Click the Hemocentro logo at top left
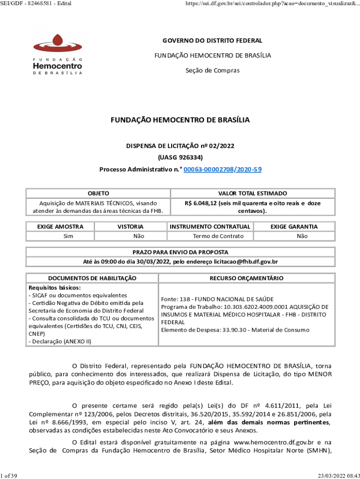[x=58, y=55]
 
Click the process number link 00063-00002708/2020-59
[x=223, y=169]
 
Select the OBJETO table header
[x=98, y=193]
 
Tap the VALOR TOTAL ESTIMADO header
[x=253, y=193]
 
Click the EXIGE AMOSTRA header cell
[x=60, y=226]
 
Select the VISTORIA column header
[x=130, y=226]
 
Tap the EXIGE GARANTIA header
[x=294, y=226]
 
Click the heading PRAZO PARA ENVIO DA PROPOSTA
[x=180, y=252]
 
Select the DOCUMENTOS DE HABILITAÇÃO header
[x=92, y=278]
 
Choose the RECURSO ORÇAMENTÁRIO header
[x=246, y=278]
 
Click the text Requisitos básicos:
[x=48, y=288]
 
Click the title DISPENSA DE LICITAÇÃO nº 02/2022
[x=180, y=145]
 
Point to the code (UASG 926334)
[x=180, y=157]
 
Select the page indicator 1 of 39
[x=9, y=476]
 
